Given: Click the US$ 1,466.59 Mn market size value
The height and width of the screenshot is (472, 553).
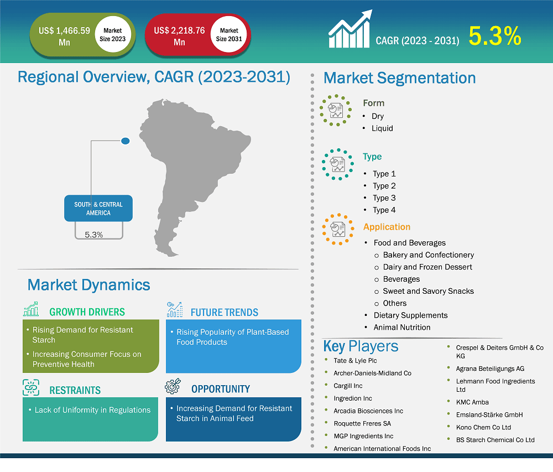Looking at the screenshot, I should pos(64,37).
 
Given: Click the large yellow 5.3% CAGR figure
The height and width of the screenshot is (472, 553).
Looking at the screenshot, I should pos(495,37).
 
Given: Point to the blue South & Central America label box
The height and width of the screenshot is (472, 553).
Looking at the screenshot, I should pos(98,209).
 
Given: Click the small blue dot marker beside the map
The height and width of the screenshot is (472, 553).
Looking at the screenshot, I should pos(126,141).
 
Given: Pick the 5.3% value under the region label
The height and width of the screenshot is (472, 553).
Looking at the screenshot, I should pos(94,235).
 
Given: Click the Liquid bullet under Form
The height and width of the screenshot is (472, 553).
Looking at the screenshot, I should pos(382,128).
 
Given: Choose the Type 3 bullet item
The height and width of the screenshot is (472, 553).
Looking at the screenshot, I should pos(384,198).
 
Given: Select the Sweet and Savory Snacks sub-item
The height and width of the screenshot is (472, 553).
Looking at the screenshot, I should pos(428,291).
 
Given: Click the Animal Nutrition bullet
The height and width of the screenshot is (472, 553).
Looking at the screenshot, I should pos(401,327).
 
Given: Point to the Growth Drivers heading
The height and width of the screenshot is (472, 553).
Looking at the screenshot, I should pos(87,312).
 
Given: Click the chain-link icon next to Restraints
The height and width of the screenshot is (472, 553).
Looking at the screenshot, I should pos(31,388).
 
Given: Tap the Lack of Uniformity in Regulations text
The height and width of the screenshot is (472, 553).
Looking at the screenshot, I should pos(92,410).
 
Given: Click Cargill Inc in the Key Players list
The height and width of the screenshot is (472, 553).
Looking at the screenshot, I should pos(348,386).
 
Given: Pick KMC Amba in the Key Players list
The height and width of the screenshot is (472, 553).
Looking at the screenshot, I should pos(472,402).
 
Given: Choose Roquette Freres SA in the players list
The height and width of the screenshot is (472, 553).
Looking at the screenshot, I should pos(362,423).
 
